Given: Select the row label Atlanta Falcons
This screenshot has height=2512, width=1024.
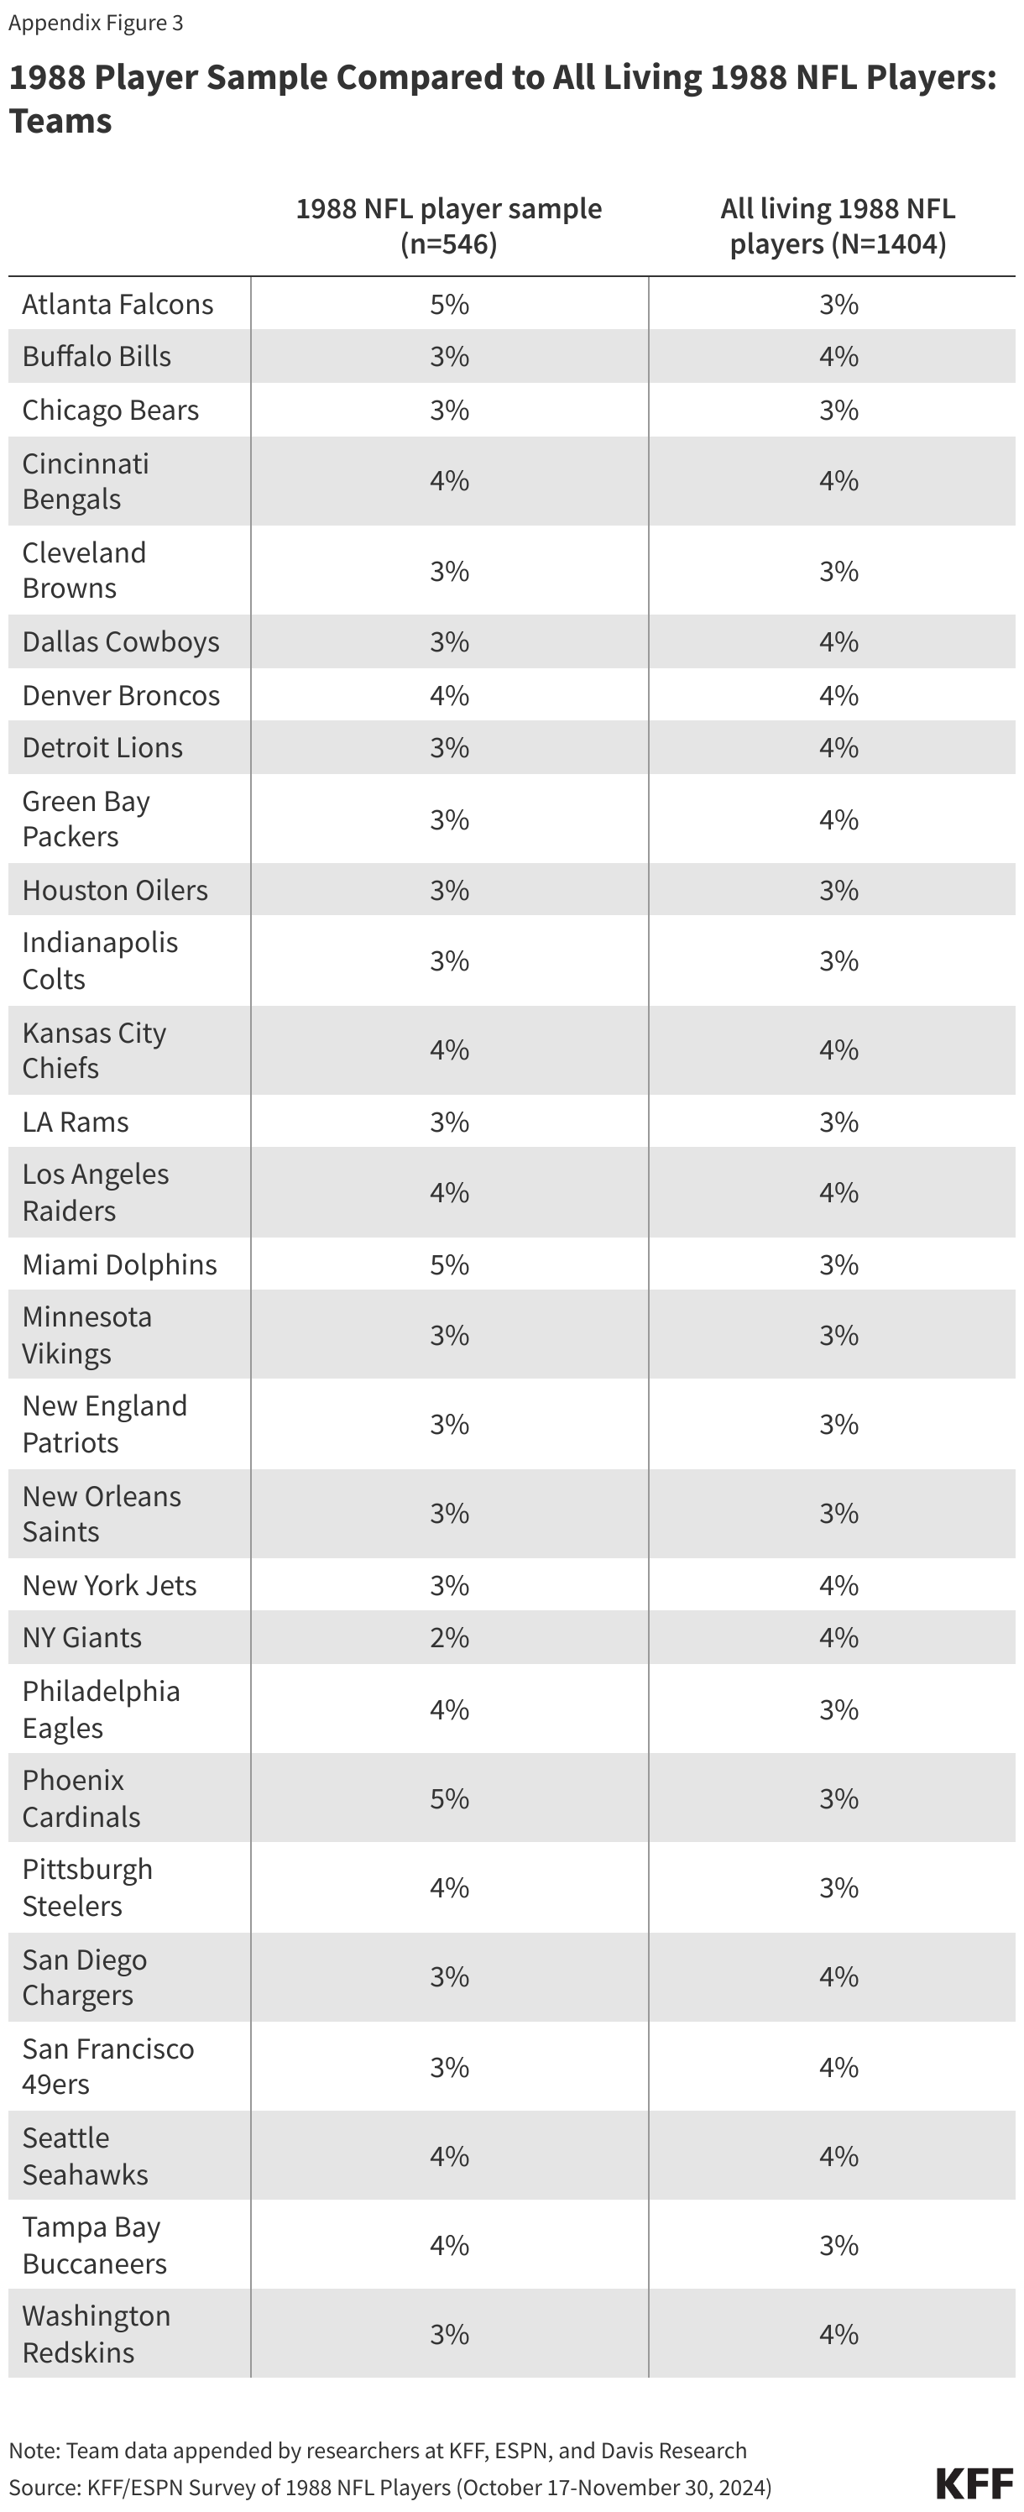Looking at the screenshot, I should pos(117,304).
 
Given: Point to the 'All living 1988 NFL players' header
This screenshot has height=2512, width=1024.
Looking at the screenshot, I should pos(838,225).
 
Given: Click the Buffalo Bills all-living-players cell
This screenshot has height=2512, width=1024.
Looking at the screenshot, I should pos(838,356).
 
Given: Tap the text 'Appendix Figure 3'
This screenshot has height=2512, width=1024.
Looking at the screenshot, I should pos(96,23).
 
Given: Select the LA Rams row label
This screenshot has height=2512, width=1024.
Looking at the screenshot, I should pos(75,1122).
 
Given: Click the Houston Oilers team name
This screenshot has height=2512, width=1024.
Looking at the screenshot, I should pos(115,889).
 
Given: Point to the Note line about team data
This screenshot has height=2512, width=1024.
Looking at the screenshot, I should pos(378,2451).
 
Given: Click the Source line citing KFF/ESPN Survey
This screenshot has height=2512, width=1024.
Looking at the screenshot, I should pos(389,2487).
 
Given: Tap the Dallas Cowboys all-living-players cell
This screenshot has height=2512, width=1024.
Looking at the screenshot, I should pos(838,641).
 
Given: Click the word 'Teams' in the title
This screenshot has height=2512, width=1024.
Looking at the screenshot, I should pos(60,121).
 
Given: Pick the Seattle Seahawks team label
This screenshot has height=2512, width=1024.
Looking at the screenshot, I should pos(85,2155).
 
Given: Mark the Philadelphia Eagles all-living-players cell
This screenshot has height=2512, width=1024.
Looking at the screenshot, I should pos(838,1709).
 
